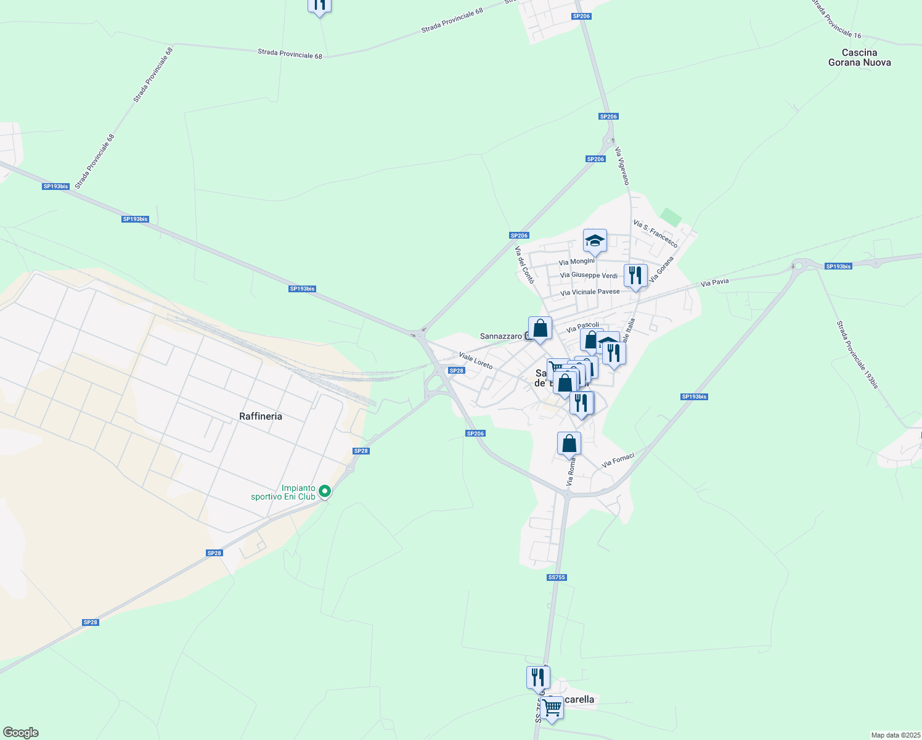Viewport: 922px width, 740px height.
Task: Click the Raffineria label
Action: (261, 416)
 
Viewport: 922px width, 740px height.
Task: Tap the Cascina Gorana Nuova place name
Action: (859, 57)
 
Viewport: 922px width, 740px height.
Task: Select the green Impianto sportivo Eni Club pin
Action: (324, 491)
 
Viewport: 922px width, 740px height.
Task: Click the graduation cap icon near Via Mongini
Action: (595, 240)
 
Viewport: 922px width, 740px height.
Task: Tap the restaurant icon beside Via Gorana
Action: (635, 275)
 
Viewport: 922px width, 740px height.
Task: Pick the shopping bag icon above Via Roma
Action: (569, 443)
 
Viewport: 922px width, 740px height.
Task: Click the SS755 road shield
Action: (556, 577)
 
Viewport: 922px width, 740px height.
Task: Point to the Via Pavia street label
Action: (715, 282)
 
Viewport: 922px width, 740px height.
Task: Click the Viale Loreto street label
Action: (475, 360)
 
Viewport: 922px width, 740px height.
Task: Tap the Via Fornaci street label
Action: (618, 459)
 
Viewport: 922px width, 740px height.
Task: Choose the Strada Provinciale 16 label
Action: (835, 19)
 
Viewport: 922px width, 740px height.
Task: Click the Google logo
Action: (20, 732)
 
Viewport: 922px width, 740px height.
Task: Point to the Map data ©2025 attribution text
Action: (895, 735)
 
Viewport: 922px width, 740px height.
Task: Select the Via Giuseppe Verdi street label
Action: (589, 275)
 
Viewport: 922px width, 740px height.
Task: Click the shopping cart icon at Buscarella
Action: (552, 707)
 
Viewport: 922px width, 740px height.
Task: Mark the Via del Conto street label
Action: (524, 265)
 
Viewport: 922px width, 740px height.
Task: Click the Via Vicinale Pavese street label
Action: (590, 292)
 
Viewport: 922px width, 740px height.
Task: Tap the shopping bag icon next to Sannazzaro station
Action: (540, 328)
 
